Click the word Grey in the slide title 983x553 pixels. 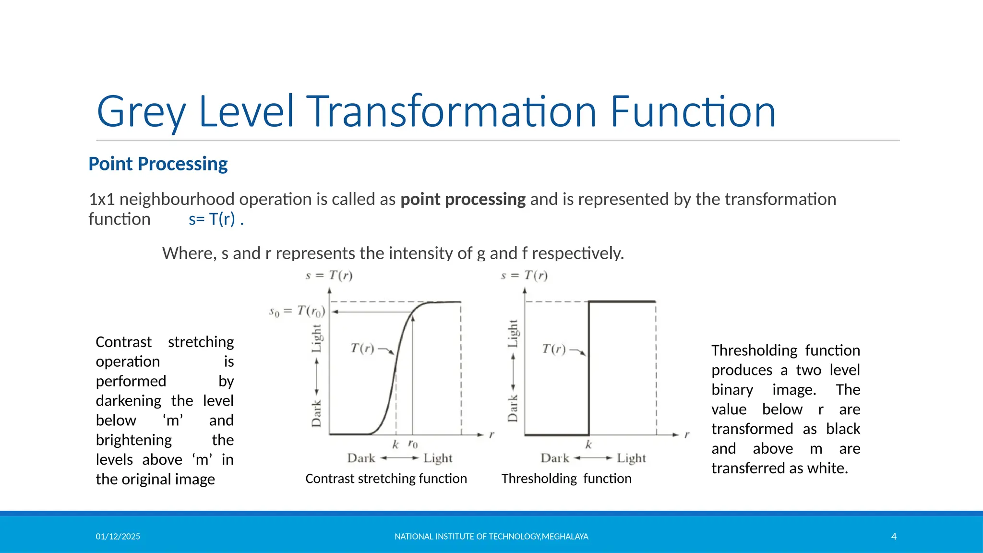pos(141,112)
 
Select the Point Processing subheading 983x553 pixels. pos(158,164)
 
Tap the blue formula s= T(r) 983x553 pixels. pos(216,219)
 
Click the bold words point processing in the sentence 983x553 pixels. pos(463,199)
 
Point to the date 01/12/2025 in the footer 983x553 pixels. pos(118,536)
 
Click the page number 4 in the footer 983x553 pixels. pos(894,536)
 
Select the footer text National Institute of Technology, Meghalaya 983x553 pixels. pos(491,536)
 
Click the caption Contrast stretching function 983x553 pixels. pos(386,479)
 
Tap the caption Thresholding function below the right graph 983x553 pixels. pos(566,479)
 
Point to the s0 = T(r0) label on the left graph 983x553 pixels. pos(297,312)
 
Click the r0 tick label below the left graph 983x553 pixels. pos(413,444)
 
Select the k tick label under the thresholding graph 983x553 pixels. pos(588,445)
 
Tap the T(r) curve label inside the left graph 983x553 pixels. pos(362,348)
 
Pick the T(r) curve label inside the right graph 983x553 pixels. pos(554,349)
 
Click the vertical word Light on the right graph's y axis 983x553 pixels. pos(513,333)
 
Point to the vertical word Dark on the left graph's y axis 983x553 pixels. pos(316,413)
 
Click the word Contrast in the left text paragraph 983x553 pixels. pos(123,342)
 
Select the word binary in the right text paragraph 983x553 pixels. pos(732,390)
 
